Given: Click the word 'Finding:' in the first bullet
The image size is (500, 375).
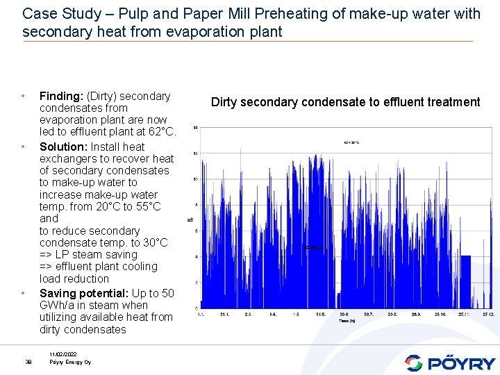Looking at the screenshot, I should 60,96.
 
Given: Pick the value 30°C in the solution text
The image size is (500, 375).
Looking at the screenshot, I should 154,243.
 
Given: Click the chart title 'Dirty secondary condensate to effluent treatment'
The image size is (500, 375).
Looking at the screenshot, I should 345,102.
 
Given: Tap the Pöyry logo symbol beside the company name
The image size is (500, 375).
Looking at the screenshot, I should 414,362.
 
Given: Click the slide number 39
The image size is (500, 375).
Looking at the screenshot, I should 28,362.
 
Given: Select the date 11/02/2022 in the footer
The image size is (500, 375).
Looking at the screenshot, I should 62,355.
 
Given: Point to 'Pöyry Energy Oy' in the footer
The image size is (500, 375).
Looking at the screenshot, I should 69,362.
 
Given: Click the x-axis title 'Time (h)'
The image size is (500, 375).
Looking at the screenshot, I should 348,322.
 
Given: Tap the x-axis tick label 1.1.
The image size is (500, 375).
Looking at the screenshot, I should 201,315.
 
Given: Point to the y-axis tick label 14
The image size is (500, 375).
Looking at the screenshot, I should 195,128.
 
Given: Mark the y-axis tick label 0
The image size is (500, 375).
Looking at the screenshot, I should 196,308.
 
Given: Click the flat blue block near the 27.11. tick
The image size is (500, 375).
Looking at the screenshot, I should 465,281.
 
